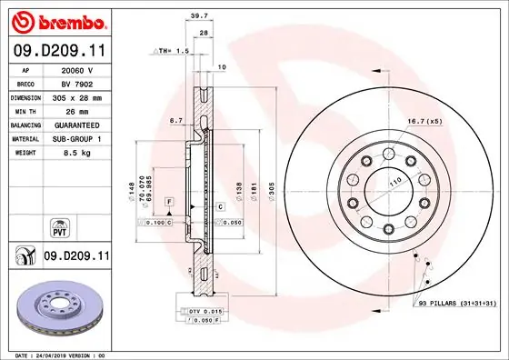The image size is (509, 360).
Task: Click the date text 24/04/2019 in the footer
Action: (x=60, y=354)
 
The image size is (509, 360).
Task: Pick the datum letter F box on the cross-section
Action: (x=169, y=200)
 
